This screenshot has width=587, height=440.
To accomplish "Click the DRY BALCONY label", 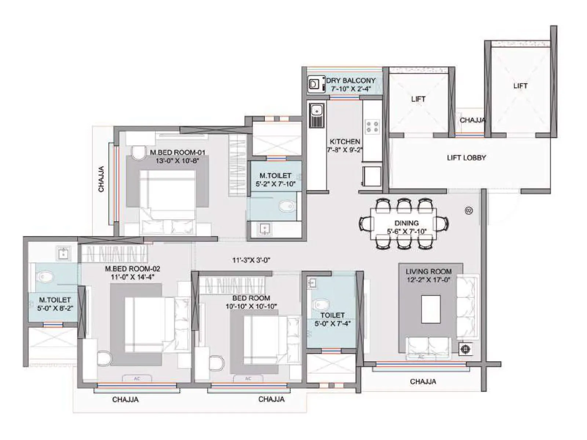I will pos(351,80).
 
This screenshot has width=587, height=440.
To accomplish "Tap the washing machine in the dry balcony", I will pos(314,84).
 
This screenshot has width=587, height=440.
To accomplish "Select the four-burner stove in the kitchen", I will pos(372,126).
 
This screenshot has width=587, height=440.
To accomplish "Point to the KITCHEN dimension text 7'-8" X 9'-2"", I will pos(345,150).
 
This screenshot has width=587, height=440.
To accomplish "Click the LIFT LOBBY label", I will pos(466,158).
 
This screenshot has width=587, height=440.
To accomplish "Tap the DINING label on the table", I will pos(406,223).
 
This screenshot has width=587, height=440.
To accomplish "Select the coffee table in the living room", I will pos(431,309).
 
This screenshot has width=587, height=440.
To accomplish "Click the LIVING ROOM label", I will pos(429,272).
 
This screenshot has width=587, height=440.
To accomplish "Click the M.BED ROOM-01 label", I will pos(178,152).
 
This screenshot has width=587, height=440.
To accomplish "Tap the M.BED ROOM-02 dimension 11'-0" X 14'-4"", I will pos(132,277).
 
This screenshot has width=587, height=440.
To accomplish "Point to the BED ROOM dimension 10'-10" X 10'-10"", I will pos(251,306).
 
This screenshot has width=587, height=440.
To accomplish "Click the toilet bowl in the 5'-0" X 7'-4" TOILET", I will pos(321,304).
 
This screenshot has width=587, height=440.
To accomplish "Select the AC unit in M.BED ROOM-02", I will pos(137,378).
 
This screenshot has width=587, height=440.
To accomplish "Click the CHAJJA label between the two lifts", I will pos(473,120).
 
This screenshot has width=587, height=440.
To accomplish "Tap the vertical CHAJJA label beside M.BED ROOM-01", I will pos(101,179).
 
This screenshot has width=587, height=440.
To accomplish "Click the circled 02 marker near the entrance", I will pos(468,211).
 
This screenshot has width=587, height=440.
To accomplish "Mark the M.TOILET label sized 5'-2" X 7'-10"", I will pos(275,176).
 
